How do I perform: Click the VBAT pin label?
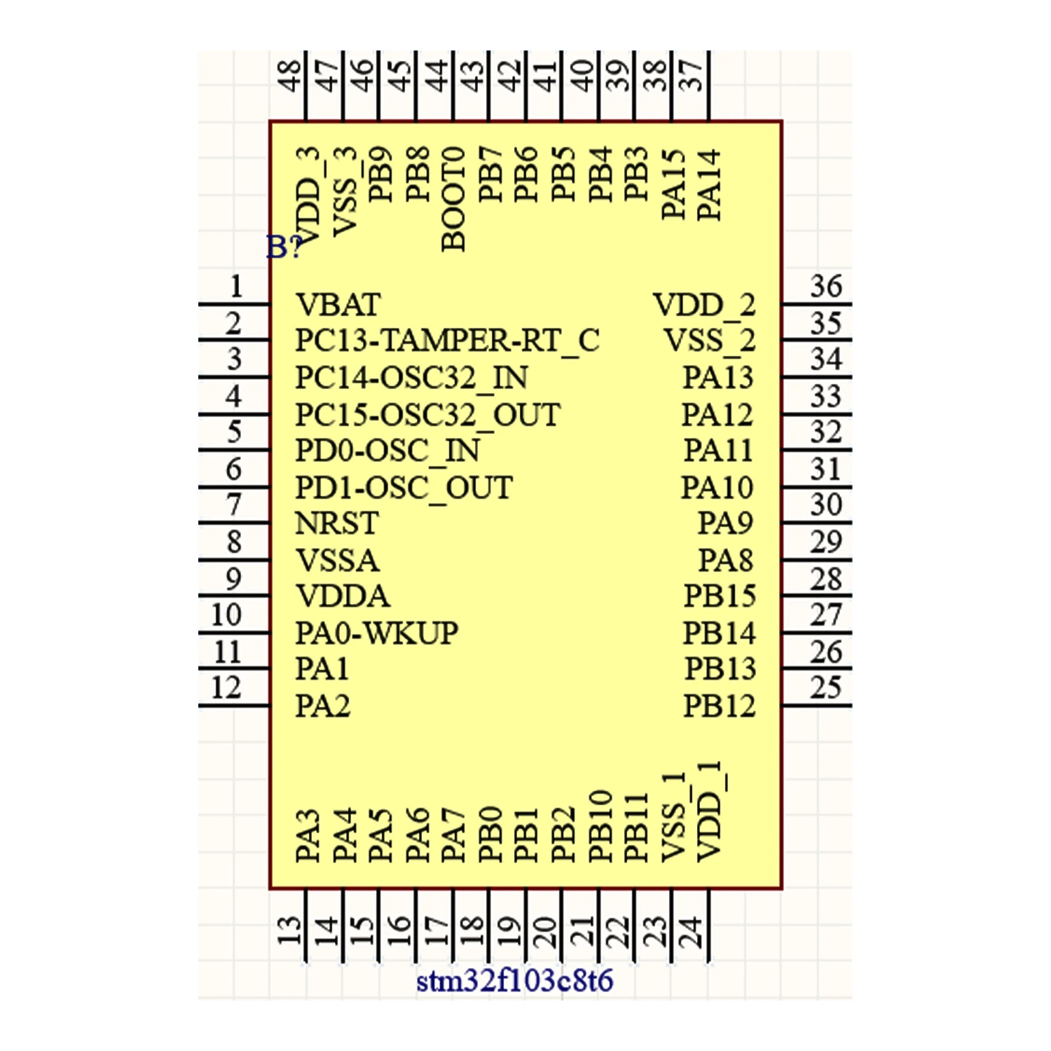(x=338, y=305)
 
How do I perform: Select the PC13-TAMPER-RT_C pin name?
(x=447, y=341)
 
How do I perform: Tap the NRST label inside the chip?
(x=336, y=523)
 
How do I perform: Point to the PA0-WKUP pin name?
(x=376, y=633)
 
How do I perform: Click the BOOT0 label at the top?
(x=454, y=199)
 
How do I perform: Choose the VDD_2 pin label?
(x=704, y=305)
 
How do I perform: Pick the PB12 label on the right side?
(x=719, y=706)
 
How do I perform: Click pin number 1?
(x=236, y=287)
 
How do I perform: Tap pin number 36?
(x=826, y=287)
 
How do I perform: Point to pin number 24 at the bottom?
(x=691, y=933)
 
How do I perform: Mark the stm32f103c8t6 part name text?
(x=514, y=981)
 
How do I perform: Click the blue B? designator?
(x=284, y=247)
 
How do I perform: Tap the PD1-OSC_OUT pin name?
(x=404, y=488)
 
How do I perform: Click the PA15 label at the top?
(x=673, y=184)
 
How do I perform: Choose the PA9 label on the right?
(x=725, y=523)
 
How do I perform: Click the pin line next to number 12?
(x=234, y=705)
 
